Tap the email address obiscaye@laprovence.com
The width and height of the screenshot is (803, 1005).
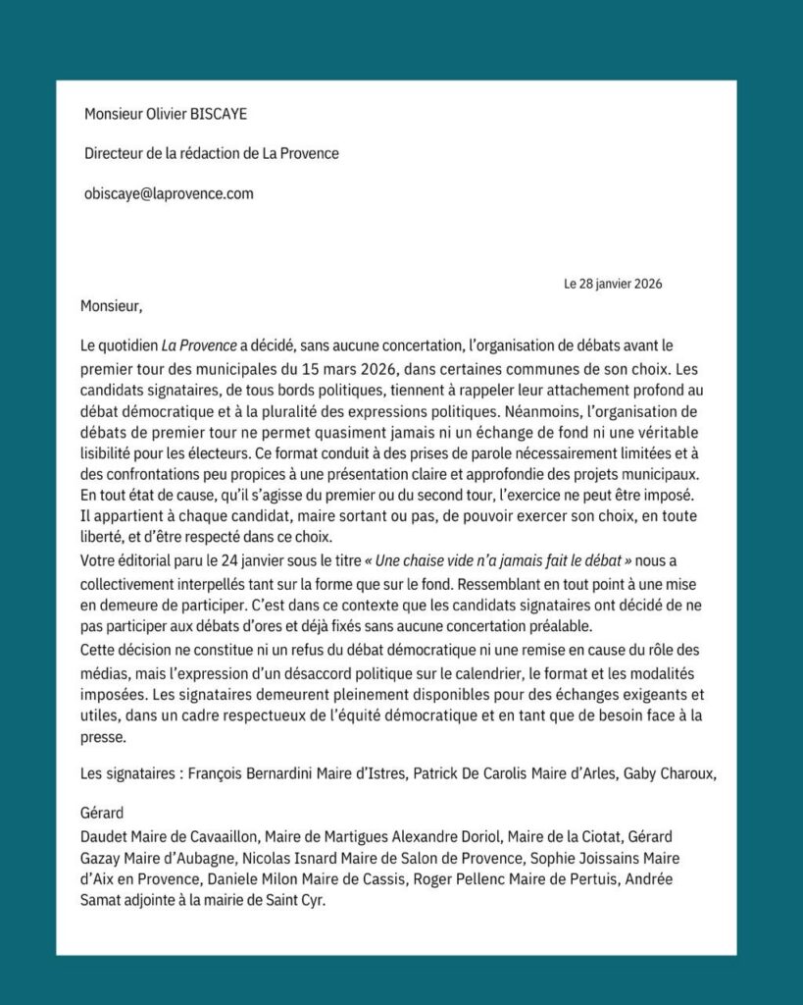169,193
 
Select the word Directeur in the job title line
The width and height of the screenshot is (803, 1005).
115,154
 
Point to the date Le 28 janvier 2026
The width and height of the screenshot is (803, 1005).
613,285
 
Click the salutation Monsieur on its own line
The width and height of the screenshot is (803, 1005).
113,306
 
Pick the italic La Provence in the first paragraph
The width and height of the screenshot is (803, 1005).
200,345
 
